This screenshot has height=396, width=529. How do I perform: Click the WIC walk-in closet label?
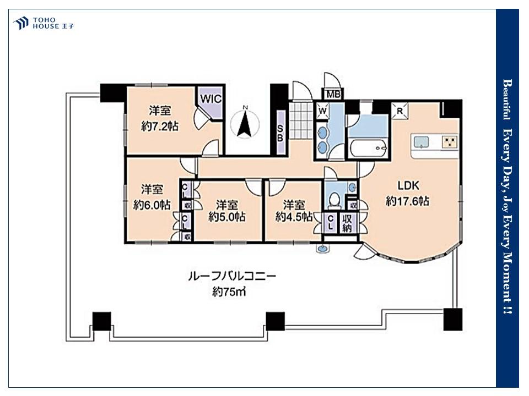(x=211, y=98)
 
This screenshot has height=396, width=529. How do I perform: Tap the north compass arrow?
(x=245, y=125)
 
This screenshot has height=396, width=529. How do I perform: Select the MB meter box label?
(x=333, y=94)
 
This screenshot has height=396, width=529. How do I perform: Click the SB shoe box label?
(x=280, y=133)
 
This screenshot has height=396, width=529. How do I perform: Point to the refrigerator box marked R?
(x=400, y=111)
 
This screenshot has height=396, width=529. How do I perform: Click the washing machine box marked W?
(x=323, y=111)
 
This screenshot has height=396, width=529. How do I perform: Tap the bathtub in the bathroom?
(x=369, y=148)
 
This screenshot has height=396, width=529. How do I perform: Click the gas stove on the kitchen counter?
(x=450, y=141)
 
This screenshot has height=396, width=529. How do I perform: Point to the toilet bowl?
(x=334, y=199)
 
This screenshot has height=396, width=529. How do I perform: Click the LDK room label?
(x=408, y=185)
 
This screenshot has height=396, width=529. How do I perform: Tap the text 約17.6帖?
(x=408, y=201)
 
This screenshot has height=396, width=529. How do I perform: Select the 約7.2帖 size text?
(x=160, y=127)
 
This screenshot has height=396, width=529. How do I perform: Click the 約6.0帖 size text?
(x=152, y=205)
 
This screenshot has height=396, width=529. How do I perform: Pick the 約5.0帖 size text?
(x=226, y=217)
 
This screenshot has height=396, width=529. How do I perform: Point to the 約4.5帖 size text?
(x=294, y=217)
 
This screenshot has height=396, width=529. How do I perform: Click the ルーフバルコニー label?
(x=232, y=277)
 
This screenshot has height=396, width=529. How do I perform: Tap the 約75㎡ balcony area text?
(x=229, y=291)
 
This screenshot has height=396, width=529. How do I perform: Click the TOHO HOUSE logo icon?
(x=21, y=23)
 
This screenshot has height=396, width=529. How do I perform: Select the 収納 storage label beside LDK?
(x=347, y=223)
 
